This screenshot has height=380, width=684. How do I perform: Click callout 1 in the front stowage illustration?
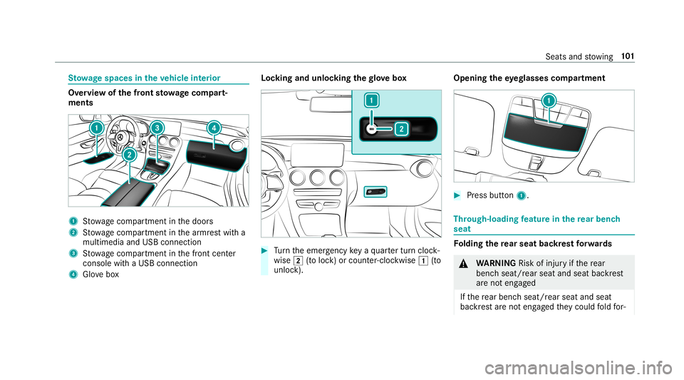95,127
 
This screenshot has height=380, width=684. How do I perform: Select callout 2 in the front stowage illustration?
129,155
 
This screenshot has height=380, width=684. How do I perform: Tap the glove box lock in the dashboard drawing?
375,192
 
